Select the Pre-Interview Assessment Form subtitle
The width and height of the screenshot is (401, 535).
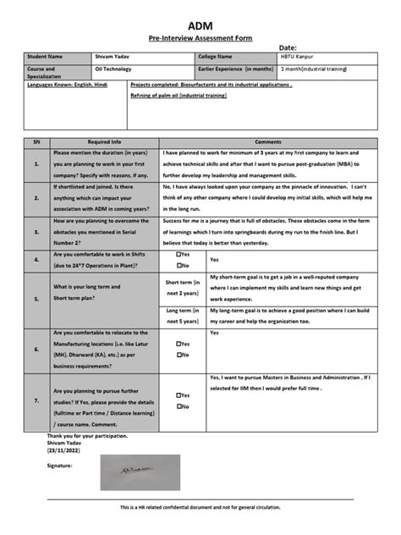pyautogui.click(x=200, y=39)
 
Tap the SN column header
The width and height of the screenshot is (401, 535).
pyautogui.click(x=36, y=143)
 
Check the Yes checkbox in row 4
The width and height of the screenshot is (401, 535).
pyautogui.click(x=179, y=254)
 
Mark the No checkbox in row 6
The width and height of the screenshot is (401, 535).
pyautogui.click(x=179, y=355)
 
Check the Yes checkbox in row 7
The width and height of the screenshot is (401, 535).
pyautogui.click(x=179, y=395)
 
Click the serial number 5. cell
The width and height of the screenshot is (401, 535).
pyautogui.click(x=36, y=299)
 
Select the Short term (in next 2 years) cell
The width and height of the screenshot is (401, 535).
pyautogui.click(x=183, y=287)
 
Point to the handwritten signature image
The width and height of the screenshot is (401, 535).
pyautogui.click(x=127, y=465)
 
